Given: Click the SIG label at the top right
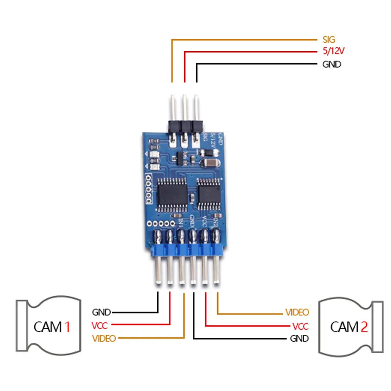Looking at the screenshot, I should pos(329,39).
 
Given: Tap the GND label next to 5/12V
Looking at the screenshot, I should pos(332,65).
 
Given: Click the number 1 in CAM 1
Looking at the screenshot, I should pos(67,326).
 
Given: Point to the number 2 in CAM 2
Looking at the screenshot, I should pos(364,326).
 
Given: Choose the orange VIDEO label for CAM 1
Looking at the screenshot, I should pos(104,338).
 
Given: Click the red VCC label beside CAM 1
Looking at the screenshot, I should pos(99,325).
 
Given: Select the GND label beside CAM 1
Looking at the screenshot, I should pos(101,312).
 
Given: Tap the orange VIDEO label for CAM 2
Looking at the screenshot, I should pos(297,312).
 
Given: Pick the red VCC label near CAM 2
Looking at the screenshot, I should pos(300,326).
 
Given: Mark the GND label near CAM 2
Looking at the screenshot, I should pos(299,338).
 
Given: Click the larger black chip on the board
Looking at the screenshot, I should pos(172,191).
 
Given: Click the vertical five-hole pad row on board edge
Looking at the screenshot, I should pos(148,189).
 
